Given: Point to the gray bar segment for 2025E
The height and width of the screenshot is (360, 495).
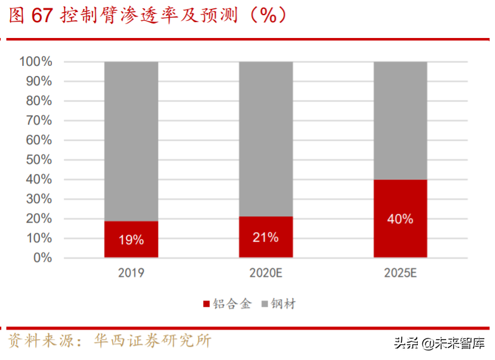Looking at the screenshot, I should coord(400,120).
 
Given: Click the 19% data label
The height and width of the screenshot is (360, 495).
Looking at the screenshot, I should coord(131,240).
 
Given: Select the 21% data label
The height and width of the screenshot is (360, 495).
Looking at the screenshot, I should coord(266,237).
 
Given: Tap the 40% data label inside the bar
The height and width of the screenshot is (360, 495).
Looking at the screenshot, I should coord(400,219).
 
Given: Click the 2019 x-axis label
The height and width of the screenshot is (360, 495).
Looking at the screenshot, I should coord(131,273).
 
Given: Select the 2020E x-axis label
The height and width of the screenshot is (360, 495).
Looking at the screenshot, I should coord(266,273).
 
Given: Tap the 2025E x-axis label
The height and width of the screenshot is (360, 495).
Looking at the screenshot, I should coord(400,273).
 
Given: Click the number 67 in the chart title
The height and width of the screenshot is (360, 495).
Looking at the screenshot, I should coord(42,16).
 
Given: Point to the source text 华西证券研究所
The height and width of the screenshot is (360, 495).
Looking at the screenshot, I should coord(153,342).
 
